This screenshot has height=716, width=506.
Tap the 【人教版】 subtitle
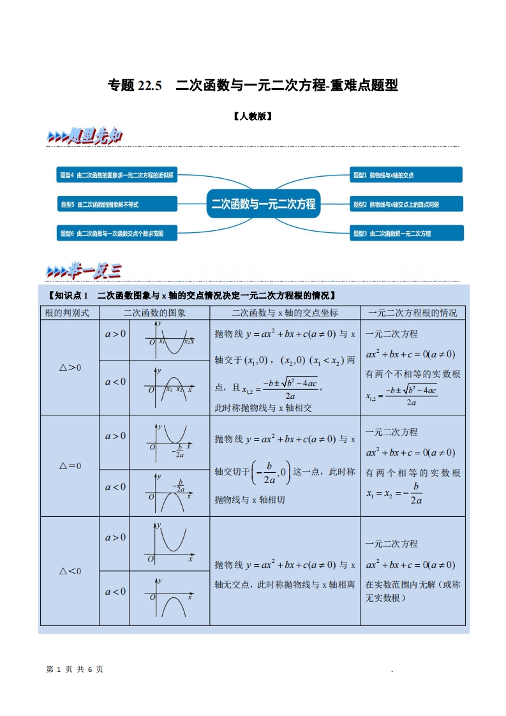(x=253, y=117)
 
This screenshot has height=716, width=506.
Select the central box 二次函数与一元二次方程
(x=264, y=204)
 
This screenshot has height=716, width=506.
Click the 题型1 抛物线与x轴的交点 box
(x=406, y=175)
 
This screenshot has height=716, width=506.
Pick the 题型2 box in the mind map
(x=406, y=204)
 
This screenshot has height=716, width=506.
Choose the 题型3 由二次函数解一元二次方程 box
(x=406, y=234)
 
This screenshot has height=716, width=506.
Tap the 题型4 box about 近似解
(x=117, y=175)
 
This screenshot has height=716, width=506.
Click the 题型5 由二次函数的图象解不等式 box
(x=117, y=204)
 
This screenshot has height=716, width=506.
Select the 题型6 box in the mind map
(x=117, y=234)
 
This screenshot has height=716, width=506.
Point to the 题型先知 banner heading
(x=86, y=136)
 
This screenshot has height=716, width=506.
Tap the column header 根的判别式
(x=70, y=313)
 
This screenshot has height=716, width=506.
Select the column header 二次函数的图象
(x=154, y=313)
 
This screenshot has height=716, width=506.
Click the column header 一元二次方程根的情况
(x=413, y=313)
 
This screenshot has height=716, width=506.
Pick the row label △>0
(x=70, y=367)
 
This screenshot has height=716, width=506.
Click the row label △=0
(x=70, y=466)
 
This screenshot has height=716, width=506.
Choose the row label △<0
(x=70, y=571)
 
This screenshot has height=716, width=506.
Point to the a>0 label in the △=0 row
(x=115, y=436)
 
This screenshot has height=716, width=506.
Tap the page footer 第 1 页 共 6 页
(x=75, y=669)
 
